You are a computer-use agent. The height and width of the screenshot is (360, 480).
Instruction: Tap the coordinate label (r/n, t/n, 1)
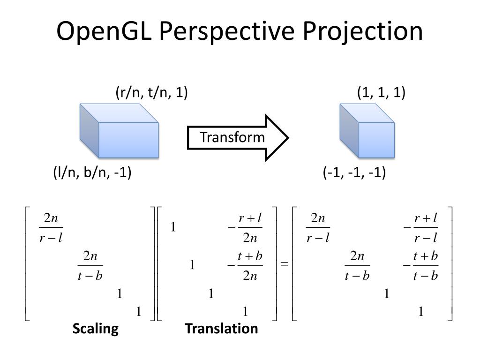tap(151, 93)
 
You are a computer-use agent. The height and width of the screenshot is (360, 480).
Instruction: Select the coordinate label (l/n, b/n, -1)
tap(92, 173)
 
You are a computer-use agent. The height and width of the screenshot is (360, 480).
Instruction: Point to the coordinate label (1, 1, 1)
tap(381, 93)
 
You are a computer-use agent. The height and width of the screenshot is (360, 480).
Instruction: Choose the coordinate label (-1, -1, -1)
tap(354, 173)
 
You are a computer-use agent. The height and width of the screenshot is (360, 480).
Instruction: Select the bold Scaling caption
tap(95, 329)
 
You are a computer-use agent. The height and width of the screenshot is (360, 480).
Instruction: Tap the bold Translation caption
tap(221, 329)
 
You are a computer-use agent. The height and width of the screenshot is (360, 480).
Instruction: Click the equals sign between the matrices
tap(284, 264)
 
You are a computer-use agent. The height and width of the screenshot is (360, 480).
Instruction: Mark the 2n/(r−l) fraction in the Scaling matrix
tap(51, 228)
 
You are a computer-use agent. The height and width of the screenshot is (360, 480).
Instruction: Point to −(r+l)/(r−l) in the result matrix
tap(420, 228)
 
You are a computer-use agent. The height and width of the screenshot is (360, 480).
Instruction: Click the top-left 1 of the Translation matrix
tap(173, 228)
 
